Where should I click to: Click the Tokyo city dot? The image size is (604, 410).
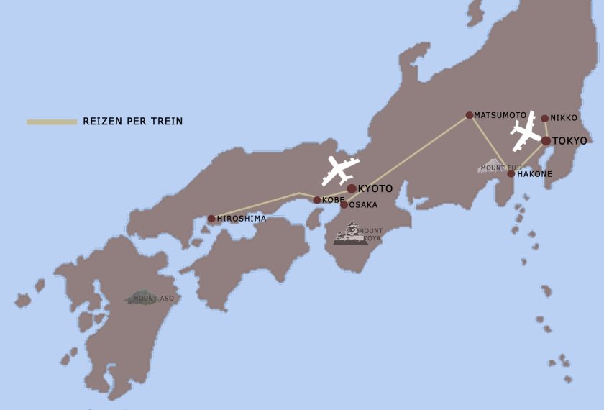coord(546,141)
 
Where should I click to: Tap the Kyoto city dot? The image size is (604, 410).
coord(352,188)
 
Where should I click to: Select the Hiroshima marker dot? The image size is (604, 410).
coord(211,219)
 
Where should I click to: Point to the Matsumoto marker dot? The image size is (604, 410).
coord(470,115)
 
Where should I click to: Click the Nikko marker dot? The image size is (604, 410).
coord(544,119)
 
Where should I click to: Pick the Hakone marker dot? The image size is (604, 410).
coord(511,173)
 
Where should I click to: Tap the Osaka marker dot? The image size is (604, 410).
coord(344,205)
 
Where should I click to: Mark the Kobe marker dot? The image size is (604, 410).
coord(317,200)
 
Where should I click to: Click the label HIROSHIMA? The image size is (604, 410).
coord(242,219)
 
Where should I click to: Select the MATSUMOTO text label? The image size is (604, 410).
coord(500,115)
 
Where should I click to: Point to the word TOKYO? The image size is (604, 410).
coord(569,141)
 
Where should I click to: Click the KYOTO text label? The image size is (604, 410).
coord(375,188)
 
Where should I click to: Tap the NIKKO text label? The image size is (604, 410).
coord(564,118)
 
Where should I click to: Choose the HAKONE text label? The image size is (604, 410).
coord(534,174)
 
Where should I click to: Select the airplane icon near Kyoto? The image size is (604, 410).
coord(340,170)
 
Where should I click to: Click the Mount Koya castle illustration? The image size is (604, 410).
coord(350,234)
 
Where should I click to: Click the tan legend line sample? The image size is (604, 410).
coord(52,122)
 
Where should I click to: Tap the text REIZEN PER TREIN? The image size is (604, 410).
coord(133,122)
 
